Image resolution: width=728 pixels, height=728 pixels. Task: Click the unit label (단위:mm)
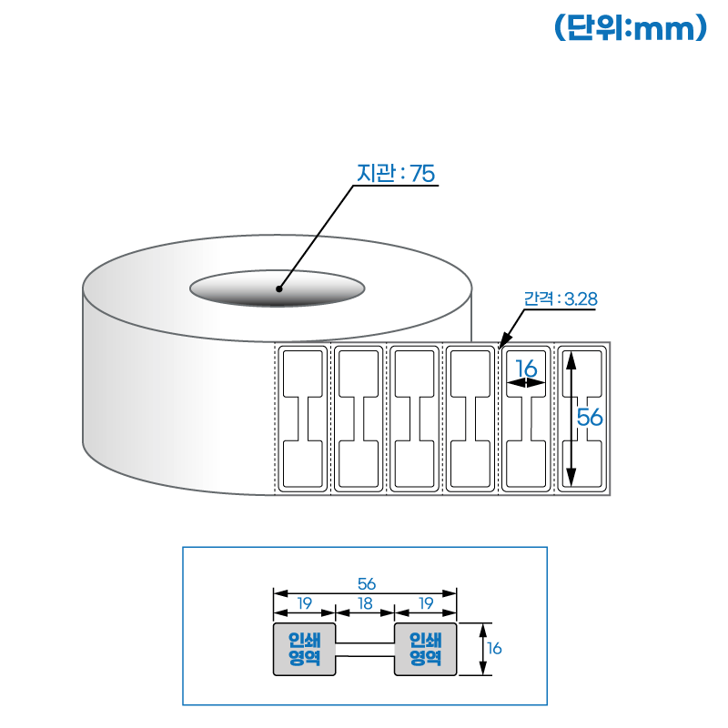point(631,28)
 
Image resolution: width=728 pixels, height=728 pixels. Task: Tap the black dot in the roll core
point(279,289)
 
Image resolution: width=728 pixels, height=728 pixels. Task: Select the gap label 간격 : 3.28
point(560,298)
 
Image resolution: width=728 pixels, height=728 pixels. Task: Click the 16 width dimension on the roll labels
point(526,368)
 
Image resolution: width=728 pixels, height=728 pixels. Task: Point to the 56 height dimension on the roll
point(590,418)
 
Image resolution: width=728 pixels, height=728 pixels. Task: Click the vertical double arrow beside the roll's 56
point(571,419)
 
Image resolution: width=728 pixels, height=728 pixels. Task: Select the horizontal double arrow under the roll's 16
point(527,384)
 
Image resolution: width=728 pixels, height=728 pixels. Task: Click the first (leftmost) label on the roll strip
point(303,419)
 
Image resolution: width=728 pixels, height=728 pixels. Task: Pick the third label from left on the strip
point(415,419)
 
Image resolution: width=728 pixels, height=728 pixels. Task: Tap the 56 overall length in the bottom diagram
point(366,583)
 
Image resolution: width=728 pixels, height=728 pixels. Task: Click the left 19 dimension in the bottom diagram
point(305,602)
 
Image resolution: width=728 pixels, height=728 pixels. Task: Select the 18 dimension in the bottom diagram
point(366,602)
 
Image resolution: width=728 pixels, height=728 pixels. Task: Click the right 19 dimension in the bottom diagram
point(425,602)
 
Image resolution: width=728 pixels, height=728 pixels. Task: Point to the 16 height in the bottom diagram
point(494,649)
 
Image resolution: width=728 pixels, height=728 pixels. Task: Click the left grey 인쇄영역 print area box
point(305,649)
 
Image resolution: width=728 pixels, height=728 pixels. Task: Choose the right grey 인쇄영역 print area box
point(425,649)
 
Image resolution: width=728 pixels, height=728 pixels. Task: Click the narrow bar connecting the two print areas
point(366,650)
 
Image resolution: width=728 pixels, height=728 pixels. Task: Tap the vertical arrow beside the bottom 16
point(482,649)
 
